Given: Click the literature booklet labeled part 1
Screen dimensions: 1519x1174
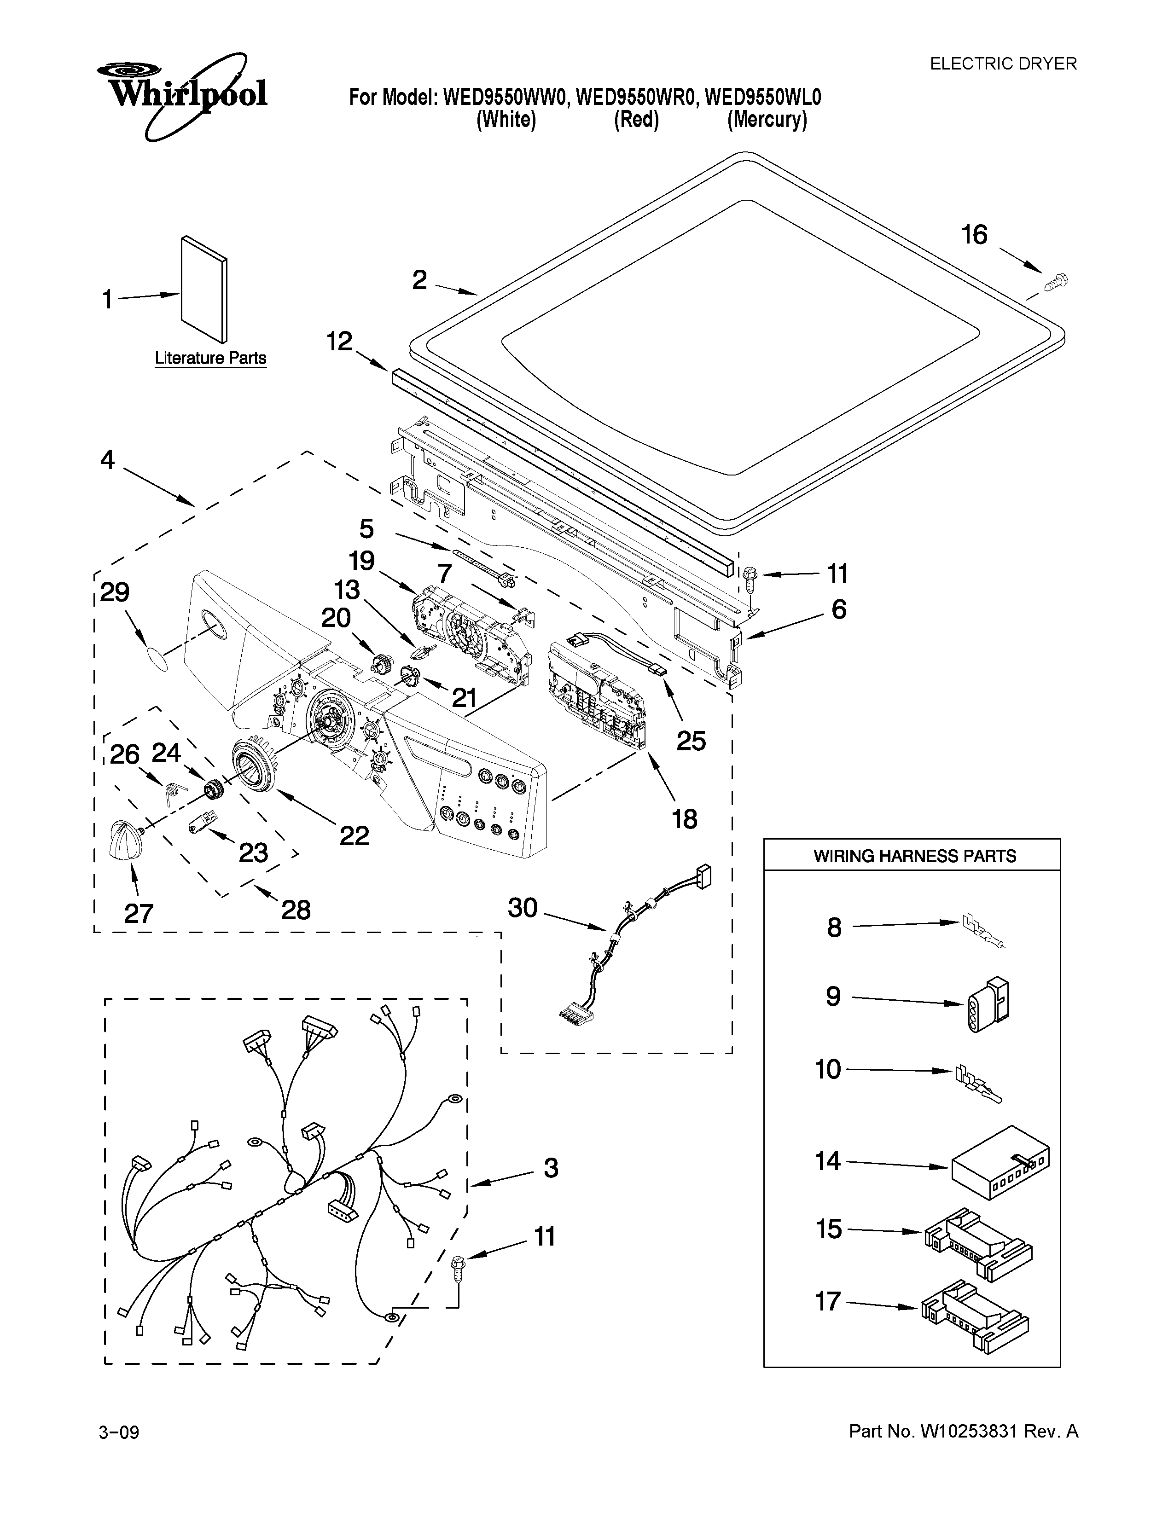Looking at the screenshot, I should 203,290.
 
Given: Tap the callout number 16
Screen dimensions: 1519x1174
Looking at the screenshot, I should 974,235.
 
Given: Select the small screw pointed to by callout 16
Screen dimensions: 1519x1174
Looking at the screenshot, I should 1056,282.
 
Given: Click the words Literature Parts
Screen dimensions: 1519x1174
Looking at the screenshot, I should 210,358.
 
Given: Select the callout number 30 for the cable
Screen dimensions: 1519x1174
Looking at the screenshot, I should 523,908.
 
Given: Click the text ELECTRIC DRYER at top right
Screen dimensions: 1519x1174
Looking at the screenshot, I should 1003,64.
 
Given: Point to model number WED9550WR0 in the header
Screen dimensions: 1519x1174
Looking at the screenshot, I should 636,98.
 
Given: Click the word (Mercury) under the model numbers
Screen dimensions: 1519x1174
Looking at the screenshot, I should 767,120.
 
